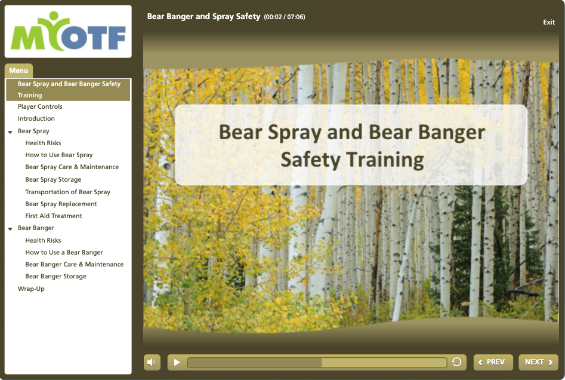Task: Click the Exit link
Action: pyautogui.click(x=549, y=22)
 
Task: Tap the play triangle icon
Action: pyautogui.click(x=177, y=362)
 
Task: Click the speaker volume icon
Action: pyautogui.click(x=152, y=362)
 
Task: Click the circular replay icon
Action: pyautogui.click(x=456, y=361)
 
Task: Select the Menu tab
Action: pyautogui.click(x=18, y=71)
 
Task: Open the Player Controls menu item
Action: pyautogui.click(x=40, y=106)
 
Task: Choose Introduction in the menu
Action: pyautogui.click(x=36, y=118)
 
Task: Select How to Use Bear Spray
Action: pyautogui.click(x=58, y=155)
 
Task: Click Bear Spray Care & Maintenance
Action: pyautogui.click(x=72, y=167)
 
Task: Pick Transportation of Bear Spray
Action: pyautogui.click(x=68, y=192)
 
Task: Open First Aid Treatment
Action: pyautogui.click(x=54, y=216)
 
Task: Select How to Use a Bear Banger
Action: pyautogui.click(x=64, y=252)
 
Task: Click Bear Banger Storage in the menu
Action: pyautogui.click(x=56, y=276)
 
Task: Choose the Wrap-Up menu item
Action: pyautogui.click(x=32, y=289)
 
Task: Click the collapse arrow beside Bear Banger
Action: pyautogui.click(x=10, y=229)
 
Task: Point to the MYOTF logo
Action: pyautogui.click(x=68, y=32)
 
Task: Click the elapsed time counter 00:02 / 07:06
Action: pyautogui.click(x=285, y=17)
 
